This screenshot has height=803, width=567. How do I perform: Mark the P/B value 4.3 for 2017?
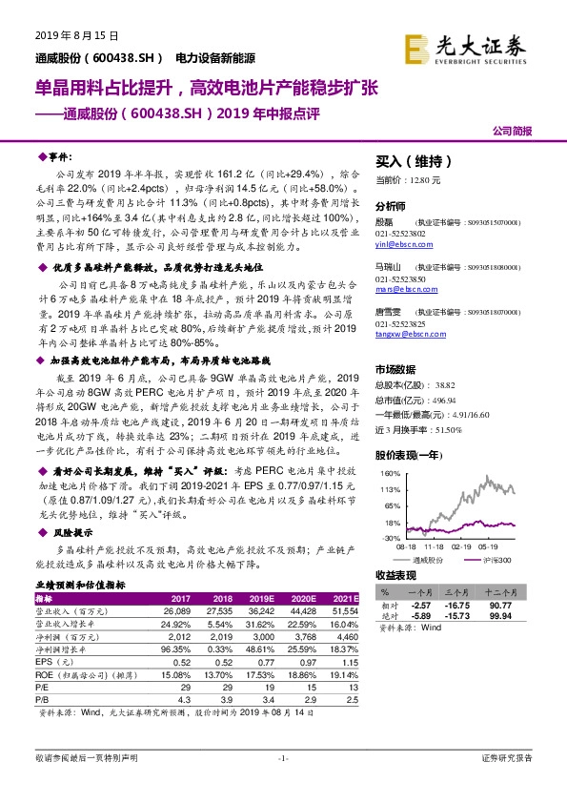[182, 699]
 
